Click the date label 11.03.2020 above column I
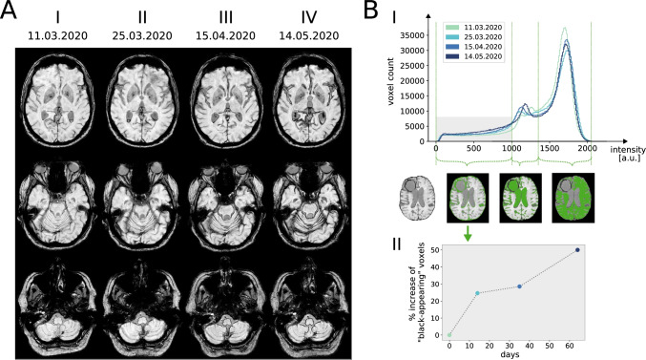57,36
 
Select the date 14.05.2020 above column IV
309,36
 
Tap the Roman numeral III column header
225,18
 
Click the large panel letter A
9,10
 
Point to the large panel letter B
371,10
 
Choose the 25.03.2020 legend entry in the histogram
474,37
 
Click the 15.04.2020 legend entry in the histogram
474,47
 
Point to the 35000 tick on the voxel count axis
412,35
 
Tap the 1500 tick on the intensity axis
550,148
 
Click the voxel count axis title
390,81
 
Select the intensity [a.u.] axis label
627,154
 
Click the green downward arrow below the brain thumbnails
468,233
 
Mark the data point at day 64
577,250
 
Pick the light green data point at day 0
449,335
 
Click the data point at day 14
477,293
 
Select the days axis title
510,354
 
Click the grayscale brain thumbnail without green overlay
417,198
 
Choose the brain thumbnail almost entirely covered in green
573,198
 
